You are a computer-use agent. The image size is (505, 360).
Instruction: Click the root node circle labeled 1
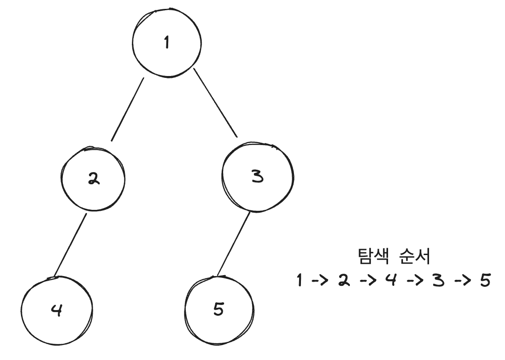tap(167, 43)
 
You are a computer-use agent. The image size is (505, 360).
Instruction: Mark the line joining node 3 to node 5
tap(234, 244)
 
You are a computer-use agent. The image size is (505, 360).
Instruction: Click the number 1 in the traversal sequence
tap(300, 281)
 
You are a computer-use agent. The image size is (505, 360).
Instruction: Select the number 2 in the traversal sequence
tap(344, 281)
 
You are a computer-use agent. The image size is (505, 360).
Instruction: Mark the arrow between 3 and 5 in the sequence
tap(460, 281)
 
